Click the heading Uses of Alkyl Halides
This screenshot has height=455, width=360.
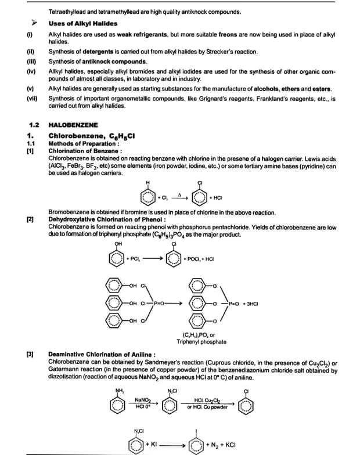click(x=83, y=23)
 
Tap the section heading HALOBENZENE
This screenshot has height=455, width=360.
click(x=73, y=125)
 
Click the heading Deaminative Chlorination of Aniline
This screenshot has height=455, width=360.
click(x=102, y=354)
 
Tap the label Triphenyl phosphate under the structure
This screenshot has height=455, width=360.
click(x=201, y=342)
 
